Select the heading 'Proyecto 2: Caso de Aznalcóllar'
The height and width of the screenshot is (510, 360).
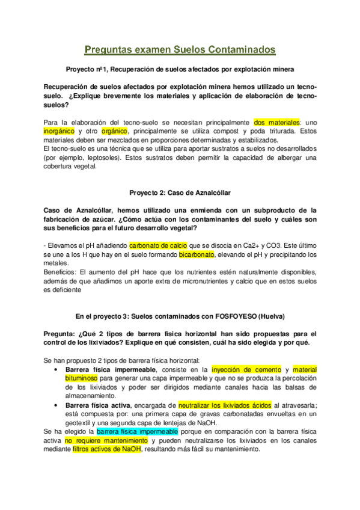pyautogui.click(x=180, y=192)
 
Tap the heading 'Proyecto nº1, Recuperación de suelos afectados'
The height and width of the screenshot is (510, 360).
pyautogui.click(x=180, y=69)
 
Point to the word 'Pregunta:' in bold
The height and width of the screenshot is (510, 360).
pyautogui.click(x=61, y=333)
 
